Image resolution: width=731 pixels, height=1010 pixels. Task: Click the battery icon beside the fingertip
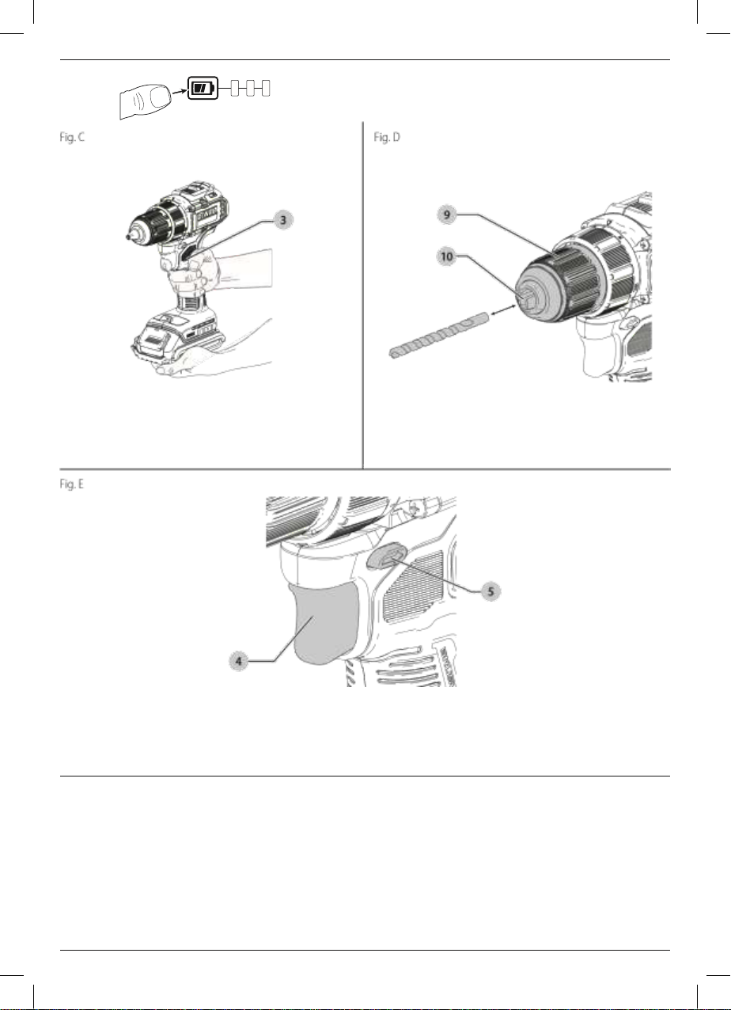(x=203, y=88)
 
